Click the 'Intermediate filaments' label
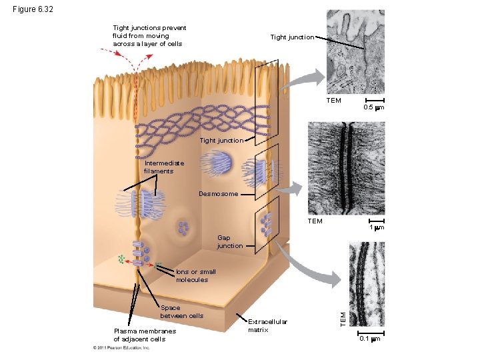click(159, 167)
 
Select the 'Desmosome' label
click(218, 194)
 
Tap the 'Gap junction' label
click(230, 242)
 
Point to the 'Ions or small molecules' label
click(195, 275)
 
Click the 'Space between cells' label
click(181, 311)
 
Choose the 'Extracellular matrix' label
click(267, 325)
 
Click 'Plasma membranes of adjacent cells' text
click(145, 335)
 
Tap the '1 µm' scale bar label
click(377, 227)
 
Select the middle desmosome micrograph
click(347, 167)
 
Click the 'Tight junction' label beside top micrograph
click(292, 37)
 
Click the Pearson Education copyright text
click(121, 347)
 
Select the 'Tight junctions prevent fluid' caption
click(149, 36)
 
